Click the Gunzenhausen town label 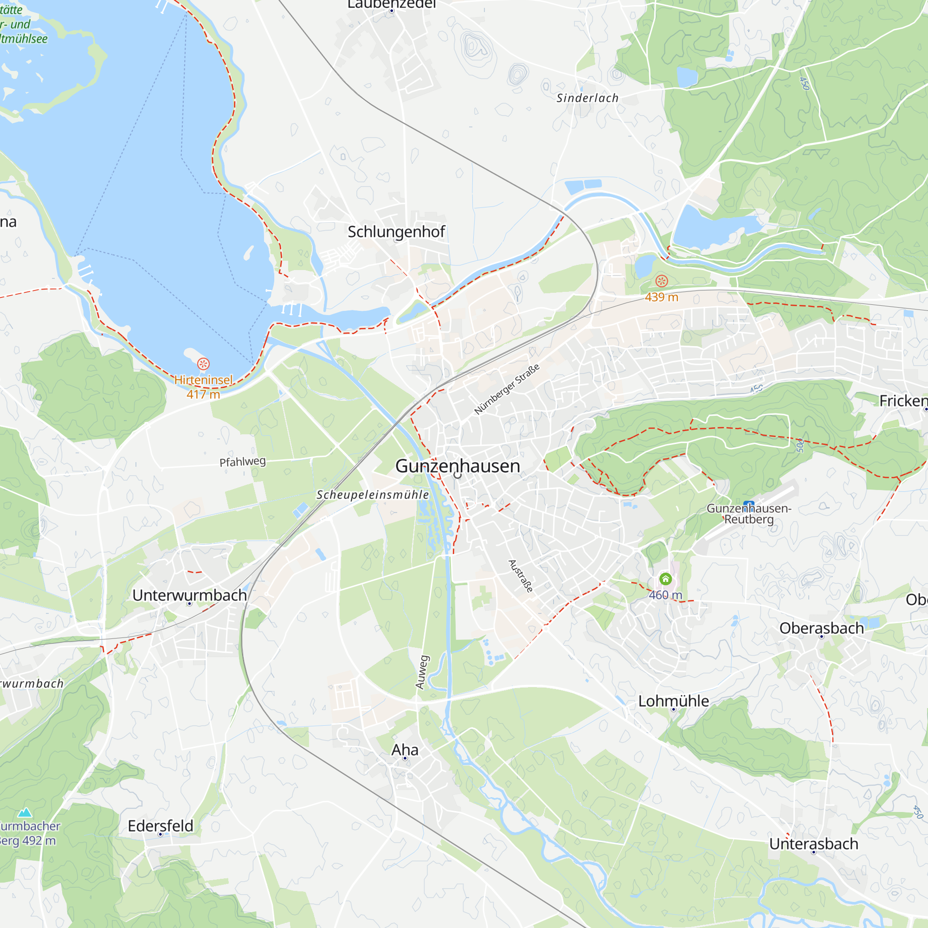(x=458, y=466)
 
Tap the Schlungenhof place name (x=396, y=232)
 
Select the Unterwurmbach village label (x=189, y=595)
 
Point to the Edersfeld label (x=161, y=826)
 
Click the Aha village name (x=405, y=750)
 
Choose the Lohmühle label (x=673, y=701)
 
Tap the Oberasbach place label (x=821, y=628)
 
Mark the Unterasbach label (x=813, y=844)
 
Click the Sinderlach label (x=587, y=98)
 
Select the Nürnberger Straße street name (x=507, y=389)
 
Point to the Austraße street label (x=521, y=576)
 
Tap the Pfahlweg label (x=243, y=462)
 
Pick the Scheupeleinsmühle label (x=373, y=495)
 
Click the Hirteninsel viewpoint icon (x=203, y=364)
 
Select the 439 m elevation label (x=661, y=297)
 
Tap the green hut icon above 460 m (x=665, y=578)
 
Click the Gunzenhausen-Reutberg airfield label (x=748, y=514)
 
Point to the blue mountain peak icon (x=25, y=812)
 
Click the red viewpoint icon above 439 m (x=661, y=281)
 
